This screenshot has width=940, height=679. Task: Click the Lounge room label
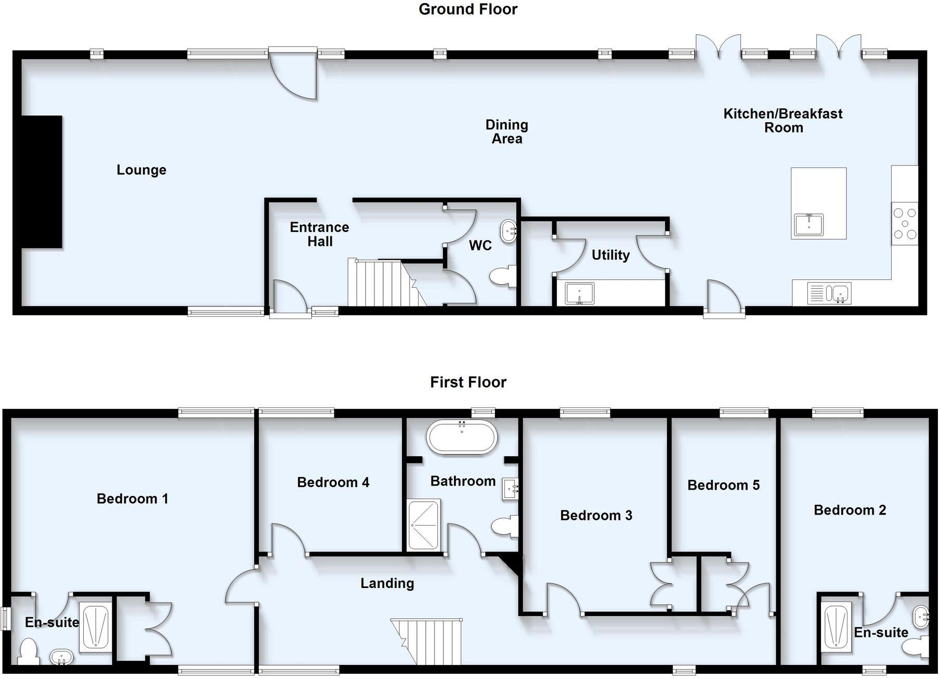[x=141, y=170]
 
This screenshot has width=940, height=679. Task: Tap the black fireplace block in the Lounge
[x=42, y=182]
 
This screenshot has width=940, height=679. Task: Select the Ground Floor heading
[x=468, y=9]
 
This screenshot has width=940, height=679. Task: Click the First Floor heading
[x=468, y=382]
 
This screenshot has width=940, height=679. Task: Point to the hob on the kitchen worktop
[x=905, y=224]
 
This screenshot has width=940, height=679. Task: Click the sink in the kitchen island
[x=809, y=224]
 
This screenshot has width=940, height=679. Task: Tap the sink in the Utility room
[x=580, y=293]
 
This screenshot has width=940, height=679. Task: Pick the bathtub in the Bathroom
[x=462, y=438]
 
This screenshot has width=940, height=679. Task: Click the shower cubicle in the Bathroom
[x=424, y=525]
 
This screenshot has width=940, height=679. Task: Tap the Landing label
[x=387, y=583]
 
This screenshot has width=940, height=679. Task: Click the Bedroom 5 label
[x=723, y=485]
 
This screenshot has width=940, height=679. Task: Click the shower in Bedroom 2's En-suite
[x=837, y=627]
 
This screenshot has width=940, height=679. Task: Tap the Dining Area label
[x=506, y=132]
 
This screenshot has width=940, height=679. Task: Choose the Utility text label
[x=610, y=255]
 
